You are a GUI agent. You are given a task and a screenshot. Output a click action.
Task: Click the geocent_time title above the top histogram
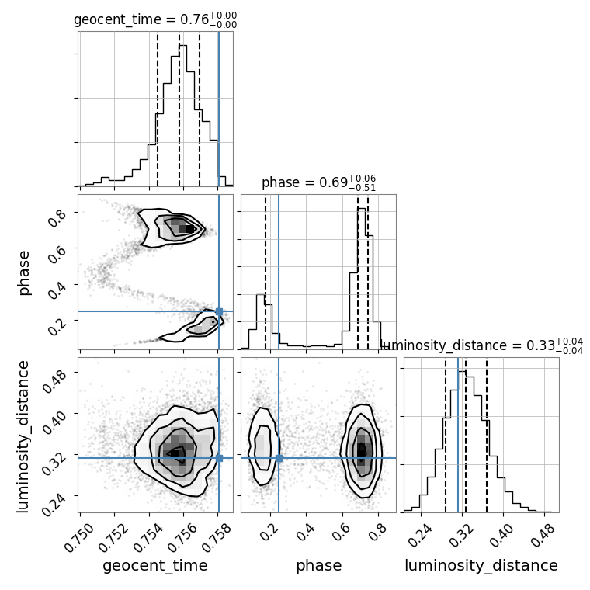(x=155, y=20)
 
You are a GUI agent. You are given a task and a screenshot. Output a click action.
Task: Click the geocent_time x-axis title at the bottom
(x=155, y=566)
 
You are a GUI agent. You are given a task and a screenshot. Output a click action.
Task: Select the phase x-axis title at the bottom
(x=318, y=566)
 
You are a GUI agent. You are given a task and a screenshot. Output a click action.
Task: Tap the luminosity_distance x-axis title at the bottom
(x=481, y=566)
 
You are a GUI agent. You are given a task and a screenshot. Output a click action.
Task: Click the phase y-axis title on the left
(x=24, y=272)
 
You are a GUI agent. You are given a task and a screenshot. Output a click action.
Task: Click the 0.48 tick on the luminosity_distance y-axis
(x=57, y=373)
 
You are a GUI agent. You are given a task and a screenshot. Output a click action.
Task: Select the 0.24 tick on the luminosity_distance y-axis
(x=57, y=496)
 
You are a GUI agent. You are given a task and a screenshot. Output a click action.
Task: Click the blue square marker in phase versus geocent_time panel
(x=219, y=311)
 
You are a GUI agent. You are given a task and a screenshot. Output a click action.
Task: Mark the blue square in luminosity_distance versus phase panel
(x=279, y=458)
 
